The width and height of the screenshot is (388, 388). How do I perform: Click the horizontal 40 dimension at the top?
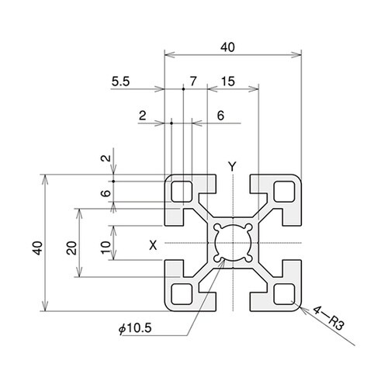click(227, 47)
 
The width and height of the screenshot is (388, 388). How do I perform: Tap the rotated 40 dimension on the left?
click(38, 248)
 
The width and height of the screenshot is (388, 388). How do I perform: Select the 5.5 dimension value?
click(120, 81)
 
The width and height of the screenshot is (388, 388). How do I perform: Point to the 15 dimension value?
click(228, 81)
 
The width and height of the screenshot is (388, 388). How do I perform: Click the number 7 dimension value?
click(193, 81)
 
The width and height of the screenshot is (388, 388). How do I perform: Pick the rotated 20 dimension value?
click(71, 248)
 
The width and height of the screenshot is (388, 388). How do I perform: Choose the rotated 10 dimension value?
click(106, 248)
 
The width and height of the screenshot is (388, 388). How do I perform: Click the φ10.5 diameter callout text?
click(135, 328)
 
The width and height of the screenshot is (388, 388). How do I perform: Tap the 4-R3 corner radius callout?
click(329, 318)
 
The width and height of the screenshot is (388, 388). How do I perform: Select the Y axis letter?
click(232, 166)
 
